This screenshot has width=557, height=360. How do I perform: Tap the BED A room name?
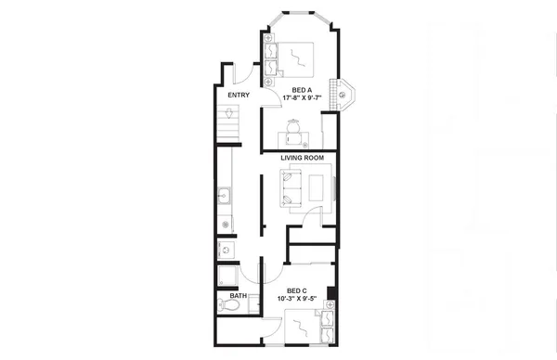click(x=301, y=90)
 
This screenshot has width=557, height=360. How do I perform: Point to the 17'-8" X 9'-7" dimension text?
click(x=301, y=99)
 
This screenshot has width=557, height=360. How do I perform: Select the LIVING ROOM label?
click(x=302, y=158)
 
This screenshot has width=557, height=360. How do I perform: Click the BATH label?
click(x=239, y=297)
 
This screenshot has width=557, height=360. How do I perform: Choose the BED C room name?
click(x=297, y=290)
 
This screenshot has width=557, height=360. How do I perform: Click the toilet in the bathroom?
click(x=227, y=304)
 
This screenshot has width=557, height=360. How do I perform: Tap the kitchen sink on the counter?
click(x=226, y=196)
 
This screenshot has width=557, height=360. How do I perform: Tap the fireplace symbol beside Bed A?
click(x=344, y=92)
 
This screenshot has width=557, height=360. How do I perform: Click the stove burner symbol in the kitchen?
click(x=226, y=225)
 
